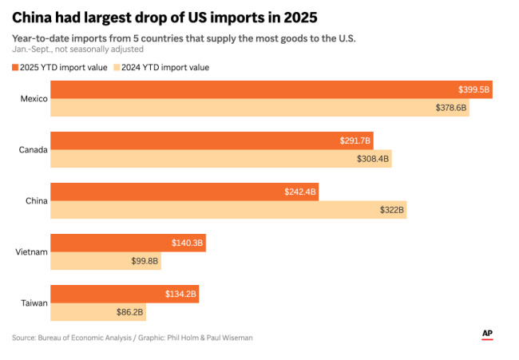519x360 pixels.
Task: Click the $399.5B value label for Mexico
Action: [473, 89]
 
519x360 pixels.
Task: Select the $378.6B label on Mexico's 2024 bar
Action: [450, 107]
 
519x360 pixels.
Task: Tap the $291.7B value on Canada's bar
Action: [355, 140]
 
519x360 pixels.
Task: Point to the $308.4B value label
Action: [373, 158]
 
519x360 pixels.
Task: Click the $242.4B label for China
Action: [300, 192]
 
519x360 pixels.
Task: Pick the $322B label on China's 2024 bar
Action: [391, 209]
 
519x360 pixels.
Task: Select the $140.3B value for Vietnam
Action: [188, 243]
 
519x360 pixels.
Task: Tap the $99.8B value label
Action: [145, 260]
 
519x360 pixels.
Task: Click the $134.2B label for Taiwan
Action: [180, 294]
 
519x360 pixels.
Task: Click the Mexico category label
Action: [34, 98]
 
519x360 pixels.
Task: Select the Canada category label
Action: [33, 149]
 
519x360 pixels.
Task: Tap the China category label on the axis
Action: [37, 200]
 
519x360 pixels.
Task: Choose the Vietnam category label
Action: [32, 251]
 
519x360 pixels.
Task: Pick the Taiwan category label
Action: [34, 303]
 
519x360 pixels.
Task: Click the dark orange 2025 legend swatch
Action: [16, 68]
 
